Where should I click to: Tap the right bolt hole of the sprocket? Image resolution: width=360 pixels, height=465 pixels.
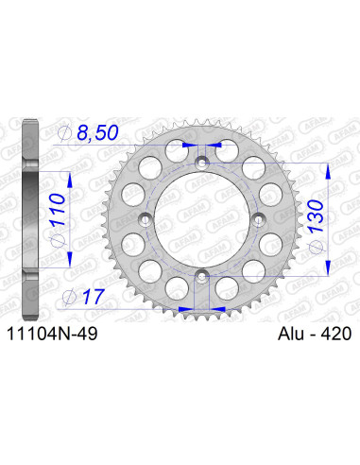click(x=258, y=220)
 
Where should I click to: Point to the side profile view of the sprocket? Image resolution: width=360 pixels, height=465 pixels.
click(x=31, y=220)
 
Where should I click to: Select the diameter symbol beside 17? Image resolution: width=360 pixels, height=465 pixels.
click(x=66, y=297)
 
